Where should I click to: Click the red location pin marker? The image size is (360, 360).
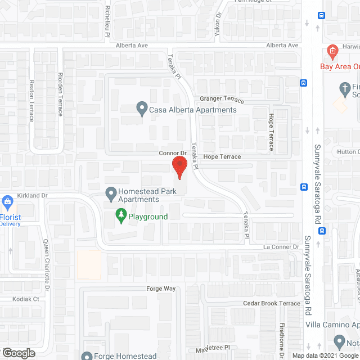pos(179,167)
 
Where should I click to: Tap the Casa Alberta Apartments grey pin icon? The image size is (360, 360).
pos(141,107)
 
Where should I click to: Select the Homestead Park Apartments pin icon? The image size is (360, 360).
pos(110,193)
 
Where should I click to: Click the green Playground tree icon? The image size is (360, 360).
pos(120,215)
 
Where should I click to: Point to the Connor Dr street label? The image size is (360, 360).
pos(172,153)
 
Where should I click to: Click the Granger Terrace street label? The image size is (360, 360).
pos(218,99)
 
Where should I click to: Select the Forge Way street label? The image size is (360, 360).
pos(162,289)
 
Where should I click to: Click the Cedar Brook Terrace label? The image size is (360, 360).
pos(272,303)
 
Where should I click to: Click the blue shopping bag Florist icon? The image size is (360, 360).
pos(8,201)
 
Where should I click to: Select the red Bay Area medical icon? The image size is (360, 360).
pos(332,52)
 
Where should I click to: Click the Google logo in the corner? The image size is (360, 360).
pos(18,353)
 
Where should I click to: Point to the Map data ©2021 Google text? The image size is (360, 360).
pos(325,355)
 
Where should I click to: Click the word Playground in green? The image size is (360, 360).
pos(148,217)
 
